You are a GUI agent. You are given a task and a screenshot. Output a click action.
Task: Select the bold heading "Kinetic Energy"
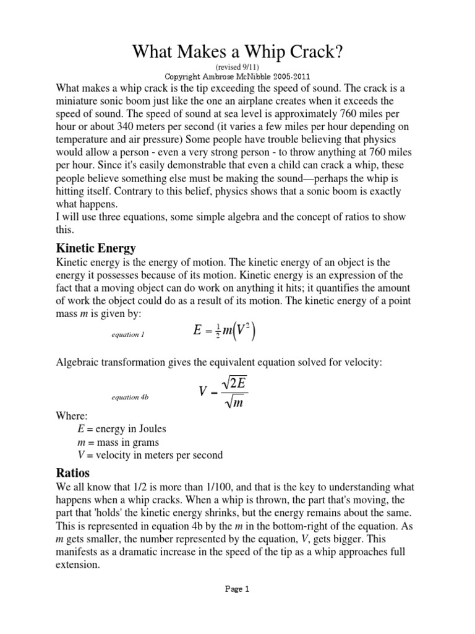point(96,248)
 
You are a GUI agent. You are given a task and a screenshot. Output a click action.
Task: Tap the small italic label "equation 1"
point(127,335)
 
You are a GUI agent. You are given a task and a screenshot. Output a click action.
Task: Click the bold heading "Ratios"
point(74,472)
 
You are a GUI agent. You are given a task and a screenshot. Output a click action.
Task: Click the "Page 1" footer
point(237,589)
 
